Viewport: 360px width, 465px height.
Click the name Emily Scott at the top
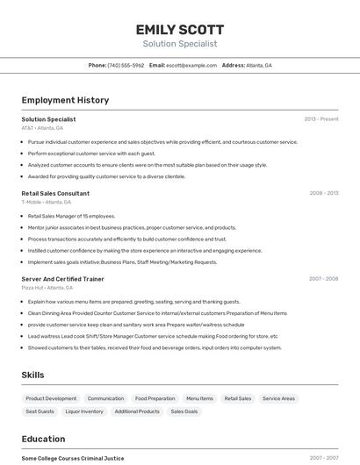179,29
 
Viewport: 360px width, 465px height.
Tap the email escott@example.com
191,65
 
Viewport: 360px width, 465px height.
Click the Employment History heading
65,100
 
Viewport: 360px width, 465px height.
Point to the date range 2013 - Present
321,118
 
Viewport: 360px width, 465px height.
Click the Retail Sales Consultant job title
55,193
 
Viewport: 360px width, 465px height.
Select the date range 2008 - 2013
323,193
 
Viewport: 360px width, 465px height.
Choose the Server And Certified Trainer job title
62,279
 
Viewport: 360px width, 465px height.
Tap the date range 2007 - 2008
323,279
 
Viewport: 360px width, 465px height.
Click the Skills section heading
32,375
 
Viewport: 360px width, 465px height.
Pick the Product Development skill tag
51,398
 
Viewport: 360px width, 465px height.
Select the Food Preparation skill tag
155,398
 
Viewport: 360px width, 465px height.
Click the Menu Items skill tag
199,398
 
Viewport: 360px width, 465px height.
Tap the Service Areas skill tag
278,398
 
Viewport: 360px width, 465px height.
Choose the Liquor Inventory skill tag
84,411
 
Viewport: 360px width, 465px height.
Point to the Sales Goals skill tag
184,411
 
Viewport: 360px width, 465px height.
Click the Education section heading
43,439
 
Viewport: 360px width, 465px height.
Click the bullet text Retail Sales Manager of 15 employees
71,216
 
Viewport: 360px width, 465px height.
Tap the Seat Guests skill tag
40,411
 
